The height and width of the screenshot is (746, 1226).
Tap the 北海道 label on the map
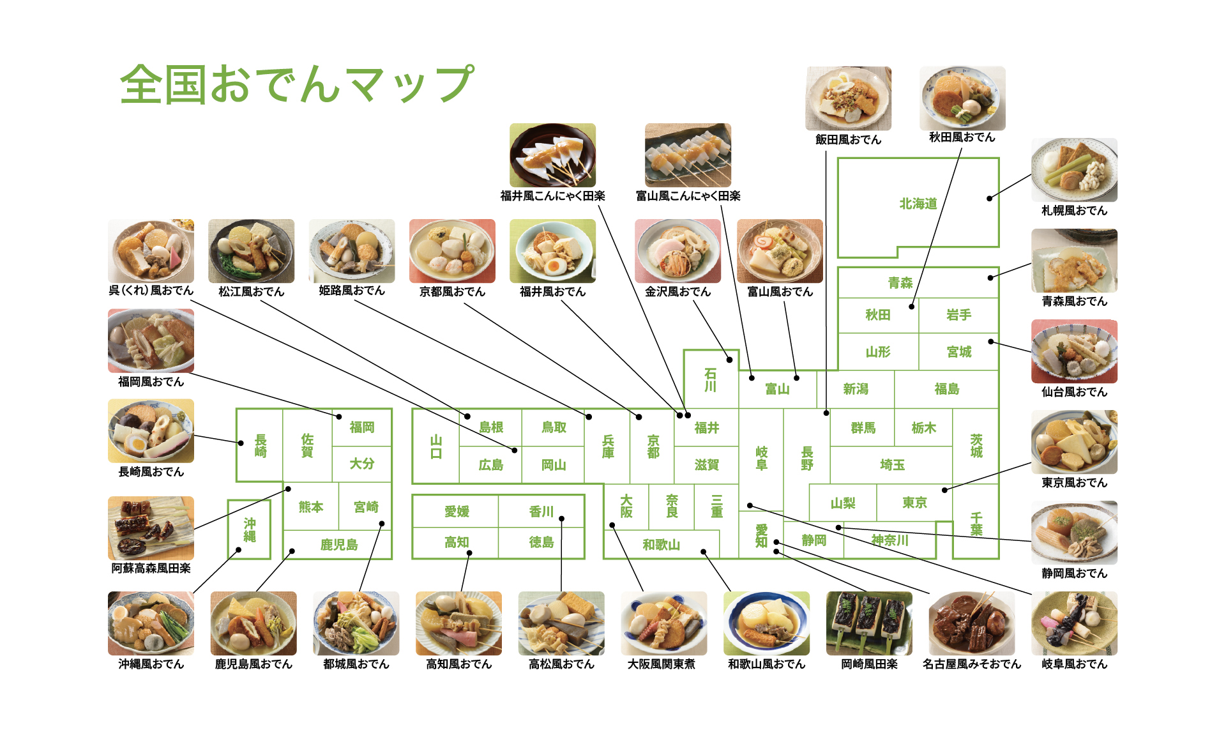pyautogui.click(x=918, y=204)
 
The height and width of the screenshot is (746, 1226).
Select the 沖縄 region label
pyautogui.click(x=250, y=530)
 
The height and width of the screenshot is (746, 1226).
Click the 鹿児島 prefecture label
pyautogui.click(x=339, y=544)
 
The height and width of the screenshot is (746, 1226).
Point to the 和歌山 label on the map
pyautogui.click(x=661, y=544)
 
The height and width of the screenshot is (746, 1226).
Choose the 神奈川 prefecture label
pyautogui.click(x=889, y=540)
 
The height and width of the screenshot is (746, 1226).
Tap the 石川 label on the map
pyautogui.click(x=710, y=380)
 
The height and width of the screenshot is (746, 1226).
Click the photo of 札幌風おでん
pyautogui.click(x=1074, y=171)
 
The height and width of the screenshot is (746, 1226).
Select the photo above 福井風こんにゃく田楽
pyautogui.click(x=552, y=155)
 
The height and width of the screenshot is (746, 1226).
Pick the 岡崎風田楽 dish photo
pyautogui.click(x=869, y=623)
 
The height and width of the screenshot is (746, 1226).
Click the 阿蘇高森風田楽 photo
pyautogui.click(x=151, y=528)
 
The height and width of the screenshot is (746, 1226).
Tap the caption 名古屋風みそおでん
pyautogui.click(x=971, y=664)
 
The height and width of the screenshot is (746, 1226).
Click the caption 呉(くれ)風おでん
pyautogui.click(x=151, y=291)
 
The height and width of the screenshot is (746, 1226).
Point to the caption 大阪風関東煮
pyautogui.click(x=662, y=664)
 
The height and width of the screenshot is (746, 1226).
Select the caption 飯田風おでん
pyautogui.click(x=848, y=139)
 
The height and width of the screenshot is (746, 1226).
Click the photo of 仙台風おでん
pyautogui.click(x=1074, y=352)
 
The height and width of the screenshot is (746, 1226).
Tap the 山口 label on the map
pyautogui.click(x=436, y=447)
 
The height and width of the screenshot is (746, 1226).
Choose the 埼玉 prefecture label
pyautogui.click(x=892, y=465)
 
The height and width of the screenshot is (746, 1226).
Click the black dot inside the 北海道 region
pyautogui.click(x=989, y=199)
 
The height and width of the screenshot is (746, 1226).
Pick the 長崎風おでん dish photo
pyautogui.click(x=151, y=431)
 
